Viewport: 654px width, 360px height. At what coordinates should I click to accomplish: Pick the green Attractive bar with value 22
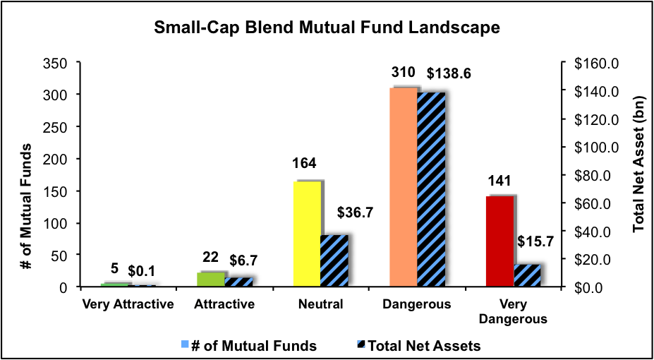tap(210, 280)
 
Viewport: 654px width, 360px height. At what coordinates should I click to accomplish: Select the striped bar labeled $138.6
tap(431, 189)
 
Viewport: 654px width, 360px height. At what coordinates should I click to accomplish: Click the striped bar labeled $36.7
tap(334, 260)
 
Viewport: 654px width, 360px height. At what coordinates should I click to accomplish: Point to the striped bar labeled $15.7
tap(527, 275)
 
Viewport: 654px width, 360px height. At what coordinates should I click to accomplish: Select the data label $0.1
tap(143, 270)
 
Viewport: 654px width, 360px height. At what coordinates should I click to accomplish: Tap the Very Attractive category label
tap(128, 305)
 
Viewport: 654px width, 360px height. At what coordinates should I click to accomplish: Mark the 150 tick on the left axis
tap(56, 191)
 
